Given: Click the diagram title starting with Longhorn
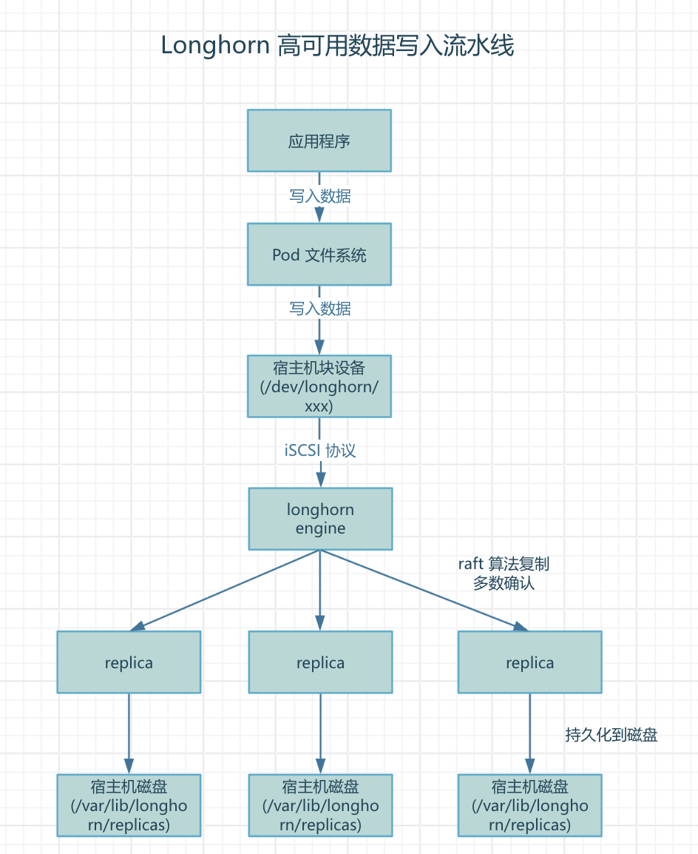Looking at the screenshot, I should (337, 46).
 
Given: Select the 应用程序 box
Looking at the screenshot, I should (319, 141).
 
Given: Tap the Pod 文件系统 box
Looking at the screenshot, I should (319, 255).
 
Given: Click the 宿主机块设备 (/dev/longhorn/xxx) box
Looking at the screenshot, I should (319, 386).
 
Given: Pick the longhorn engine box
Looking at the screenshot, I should (320, 519).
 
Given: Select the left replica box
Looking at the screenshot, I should (129, 662).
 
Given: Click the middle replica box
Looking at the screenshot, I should (320, 662).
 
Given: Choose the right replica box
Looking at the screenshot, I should (529, 662).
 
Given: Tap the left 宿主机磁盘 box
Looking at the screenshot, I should (129, 805).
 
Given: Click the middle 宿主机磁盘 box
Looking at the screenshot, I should (320, 805).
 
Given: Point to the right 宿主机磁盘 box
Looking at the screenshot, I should (529, 805).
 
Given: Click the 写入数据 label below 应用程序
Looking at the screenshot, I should (319, 196).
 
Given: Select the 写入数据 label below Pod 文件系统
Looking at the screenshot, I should (319, 309).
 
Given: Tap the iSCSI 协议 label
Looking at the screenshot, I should (320, 451).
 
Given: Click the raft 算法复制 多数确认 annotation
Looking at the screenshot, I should (504, 574).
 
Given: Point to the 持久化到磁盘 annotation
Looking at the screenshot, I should (611, 735).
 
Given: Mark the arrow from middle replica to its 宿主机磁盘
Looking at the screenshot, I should (320, 733).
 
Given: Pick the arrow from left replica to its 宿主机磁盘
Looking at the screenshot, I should (129, 733).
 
